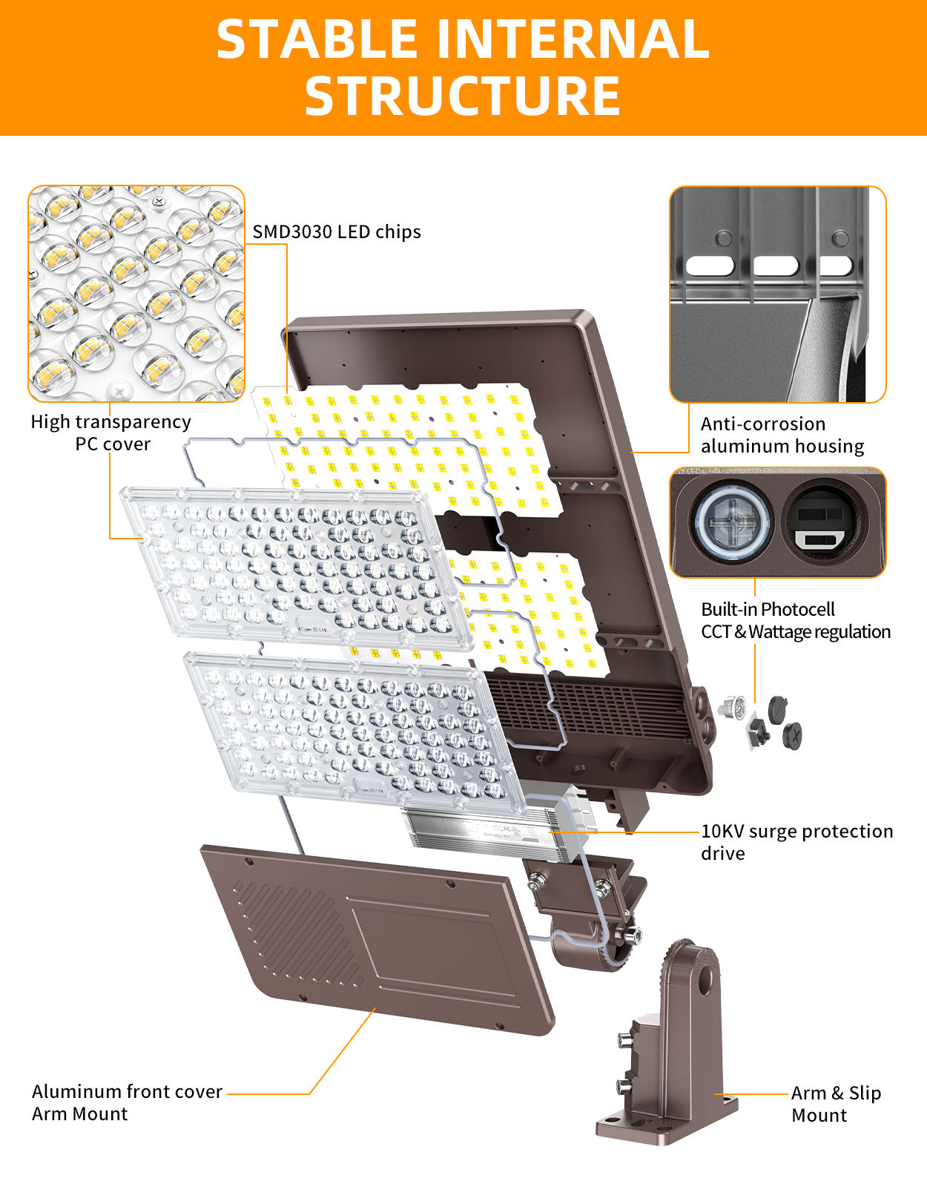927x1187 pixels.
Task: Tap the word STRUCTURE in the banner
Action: pyautogui.click(x=462, y=96)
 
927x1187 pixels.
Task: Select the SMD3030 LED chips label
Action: pyautogui.click(x=337, y=232)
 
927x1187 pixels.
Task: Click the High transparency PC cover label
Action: pyautogui.click(x=111, y=433)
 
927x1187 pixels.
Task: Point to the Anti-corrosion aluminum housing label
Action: pyautogui.click(x=782, y=435)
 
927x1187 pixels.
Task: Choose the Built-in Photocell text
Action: pyautogui.click(x=768, y=609)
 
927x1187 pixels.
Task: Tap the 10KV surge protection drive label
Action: pyautogui.click(x=796, y=841)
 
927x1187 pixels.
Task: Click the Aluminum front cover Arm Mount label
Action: pyautogui.click(x=127, y=1102)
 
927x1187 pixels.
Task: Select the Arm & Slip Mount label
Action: pyautogui.click(x=836, y=1104)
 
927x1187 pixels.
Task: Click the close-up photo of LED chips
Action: pyautogui.click(x=136, y=294)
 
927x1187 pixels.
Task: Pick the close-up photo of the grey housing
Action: pyautogui.click(x=777, y=295)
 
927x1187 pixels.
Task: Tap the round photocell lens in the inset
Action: pyautogui.click(x=731, y=521)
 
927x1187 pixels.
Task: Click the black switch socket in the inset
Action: pyautogui.click(x=823, y=524)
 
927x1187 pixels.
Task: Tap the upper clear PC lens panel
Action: pyautogui.click(x=297, y=564)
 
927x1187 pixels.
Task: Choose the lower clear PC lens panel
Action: pyautogui.click(x=356, y=727)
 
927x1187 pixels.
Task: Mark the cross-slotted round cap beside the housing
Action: pyautogui.click(x=792, y=734)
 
